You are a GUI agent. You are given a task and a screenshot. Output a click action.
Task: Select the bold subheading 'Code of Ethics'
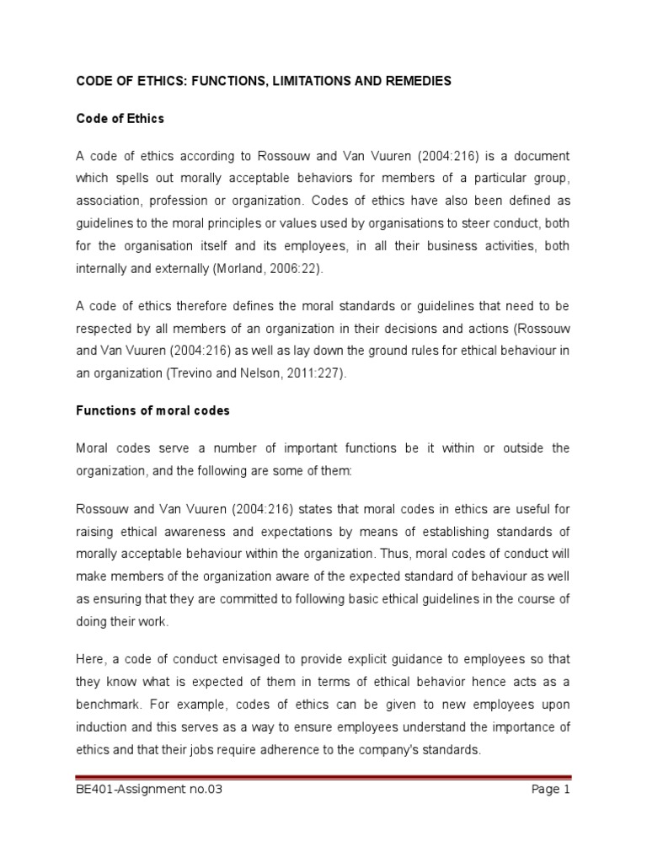tap(120, 119)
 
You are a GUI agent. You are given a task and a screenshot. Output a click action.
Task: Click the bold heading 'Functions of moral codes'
tap(152, 410)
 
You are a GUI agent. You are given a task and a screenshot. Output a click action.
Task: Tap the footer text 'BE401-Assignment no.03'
tap(149, 790)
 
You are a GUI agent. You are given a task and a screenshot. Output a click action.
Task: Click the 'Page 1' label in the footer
tap(551, 790)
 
